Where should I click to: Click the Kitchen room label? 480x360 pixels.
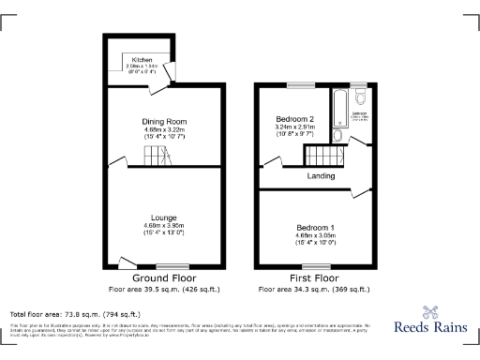pyautogui.click(x=141, y=60)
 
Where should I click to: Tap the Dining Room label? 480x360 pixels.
pyautogui.click(x=165, y=122)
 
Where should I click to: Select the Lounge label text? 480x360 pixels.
pyautogui.click(x=164, y=217)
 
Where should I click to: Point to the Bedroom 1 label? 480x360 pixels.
pyautogui.click(x=316, y=229)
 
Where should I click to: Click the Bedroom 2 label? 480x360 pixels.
pyautogui.click(x=293, y=119)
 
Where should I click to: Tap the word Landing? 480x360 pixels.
pyautogui.click(x=322, y=175)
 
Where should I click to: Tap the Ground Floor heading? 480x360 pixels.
pyautogui.click(x=164, y=279)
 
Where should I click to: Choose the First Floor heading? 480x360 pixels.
pyautogui.click(x=313, y=279)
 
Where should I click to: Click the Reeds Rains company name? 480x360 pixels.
pyautogui.click(x=428, y=329)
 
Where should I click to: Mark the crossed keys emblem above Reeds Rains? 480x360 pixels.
pyautogui.click(x=429, y=314)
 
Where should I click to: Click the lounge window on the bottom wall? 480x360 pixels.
pyautogui.click(x=170, y=267)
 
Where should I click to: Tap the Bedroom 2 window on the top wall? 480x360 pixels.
pyautogui.click(x=300, y=86)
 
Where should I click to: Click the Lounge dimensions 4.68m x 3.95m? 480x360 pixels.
pyautogui.click(x=164, y=226)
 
